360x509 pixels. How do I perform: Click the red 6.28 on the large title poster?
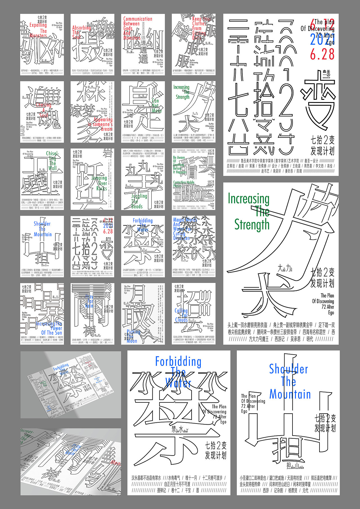pyautogui.click(x=322, y=54)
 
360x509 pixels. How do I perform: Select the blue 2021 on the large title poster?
pyautogui.click(x=322, y=40)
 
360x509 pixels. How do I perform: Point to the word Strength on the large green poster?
pyautogui.click(x=252, y=225)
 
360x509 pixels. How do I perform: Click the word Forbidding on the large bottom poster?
pyautogui.click(x=178, y=362)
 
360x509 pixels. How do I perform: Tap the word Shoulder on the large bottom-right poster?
pyautogui.click(x=288, y=369)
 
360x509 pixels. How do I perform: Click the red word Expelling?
pyautogui.click(x=38, y=25)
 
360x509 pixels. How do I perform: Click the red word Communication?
pyautogui.click(x=138, y=19)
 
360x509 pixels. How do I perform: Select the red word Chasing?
pyautogui.click(x=44, y=105)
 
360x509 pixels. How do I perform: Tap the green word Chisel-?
pyautogui.click(x=52, y=154)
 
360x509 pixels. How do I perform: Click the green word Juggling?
pyautogui.click(x=139, y=196)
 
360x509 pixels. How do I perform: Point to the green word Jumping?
pyautogui.click(x=99, y=178)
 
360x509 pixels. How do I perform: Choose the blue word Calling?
pyautogui.click(x=181, y=310)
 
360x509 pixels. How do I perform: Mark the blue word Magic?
pyautogui.click(x=179, y=220)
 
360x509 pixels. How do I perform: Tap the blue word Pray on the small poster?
pyautogui.click(x=89, y=296)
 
